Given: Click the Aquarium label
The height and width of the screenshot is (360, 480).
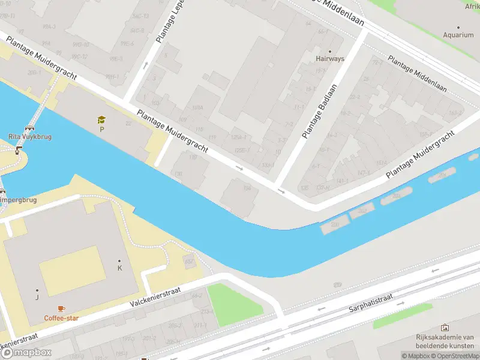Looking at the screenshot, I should (x=458, y=35).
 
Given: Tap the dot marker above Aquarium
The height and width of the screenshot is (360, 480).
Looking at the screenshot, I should (x=458, y=27).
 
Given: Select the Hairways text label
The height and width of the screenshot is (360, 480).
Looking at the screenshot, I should (x=330, y=59).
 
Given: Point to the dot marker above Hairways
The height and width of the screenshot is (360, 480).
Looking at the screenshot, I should (x=329, y=51).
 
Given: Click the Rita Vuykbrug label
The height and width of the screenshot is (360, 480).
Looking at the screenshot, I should (x=30, y=137).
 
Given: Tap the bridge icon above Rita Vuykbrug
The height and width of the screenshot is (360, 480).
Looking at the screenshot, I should (x=29, y=128).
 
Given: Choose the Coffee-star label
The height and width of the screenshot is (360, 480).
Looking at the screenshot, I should (x=61, y=317).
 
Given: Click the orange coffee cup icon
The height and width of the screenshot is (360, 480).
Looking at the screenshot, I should (x=61, y=308).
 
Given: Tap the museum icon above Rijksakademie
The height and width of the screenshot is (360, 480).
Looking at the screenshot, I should (x=445, y=328).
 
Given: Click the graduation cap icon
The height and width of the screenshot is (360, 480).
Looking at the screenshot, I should (x=101, y=120).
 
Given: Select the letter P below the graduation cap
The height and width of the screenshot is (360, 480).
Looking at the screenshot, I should (x=101, y=129).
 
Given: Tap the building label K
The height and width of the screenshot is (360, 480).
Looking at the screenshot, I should (x=119, y=268).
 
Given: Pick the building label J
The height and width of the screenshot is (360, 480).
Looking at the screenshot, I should (x=37, y=296).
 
